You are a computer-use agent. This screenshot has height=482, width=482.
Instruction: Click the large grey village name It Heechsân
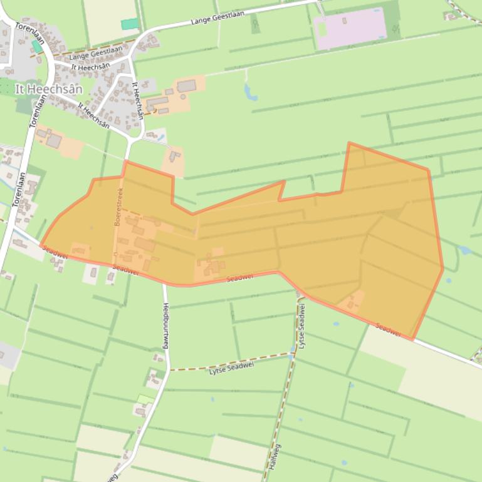pos(49,90)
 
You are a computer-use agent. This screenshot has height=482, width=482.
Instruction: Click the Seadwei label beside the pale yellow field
pos(389,329)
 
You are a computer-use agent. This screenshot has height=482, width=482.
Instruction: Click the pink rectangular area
pos(350,28)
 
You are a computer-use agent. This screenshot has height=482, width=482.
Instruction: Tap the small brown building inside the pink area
pos(345,21)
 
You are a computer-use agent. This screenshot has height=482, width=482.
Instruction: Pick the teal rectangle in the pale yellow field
pos(130,24)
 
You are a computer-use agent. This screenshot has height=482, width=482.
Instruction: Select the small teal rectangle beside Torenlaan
pos(37,46)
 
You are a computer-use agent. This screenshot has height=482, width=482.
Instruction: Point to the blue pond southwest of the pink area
pos(251,93)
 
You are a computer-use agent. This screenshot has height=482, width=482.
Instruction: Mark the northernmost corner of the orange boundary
pos(349,143)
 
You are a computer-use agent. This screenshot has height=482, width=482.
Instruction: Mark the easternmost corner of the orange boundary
pos(443,269)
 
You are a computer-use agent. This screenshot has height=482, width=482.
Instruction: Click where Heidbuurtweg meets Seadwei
pos(165,284)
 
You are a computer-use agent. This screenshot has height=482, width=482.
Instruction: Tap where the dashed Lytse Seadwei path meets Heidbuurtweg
pos(169,370)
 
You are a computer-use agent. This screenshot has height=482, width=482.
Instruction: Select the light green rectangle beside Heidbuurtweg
pos(145,399)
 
